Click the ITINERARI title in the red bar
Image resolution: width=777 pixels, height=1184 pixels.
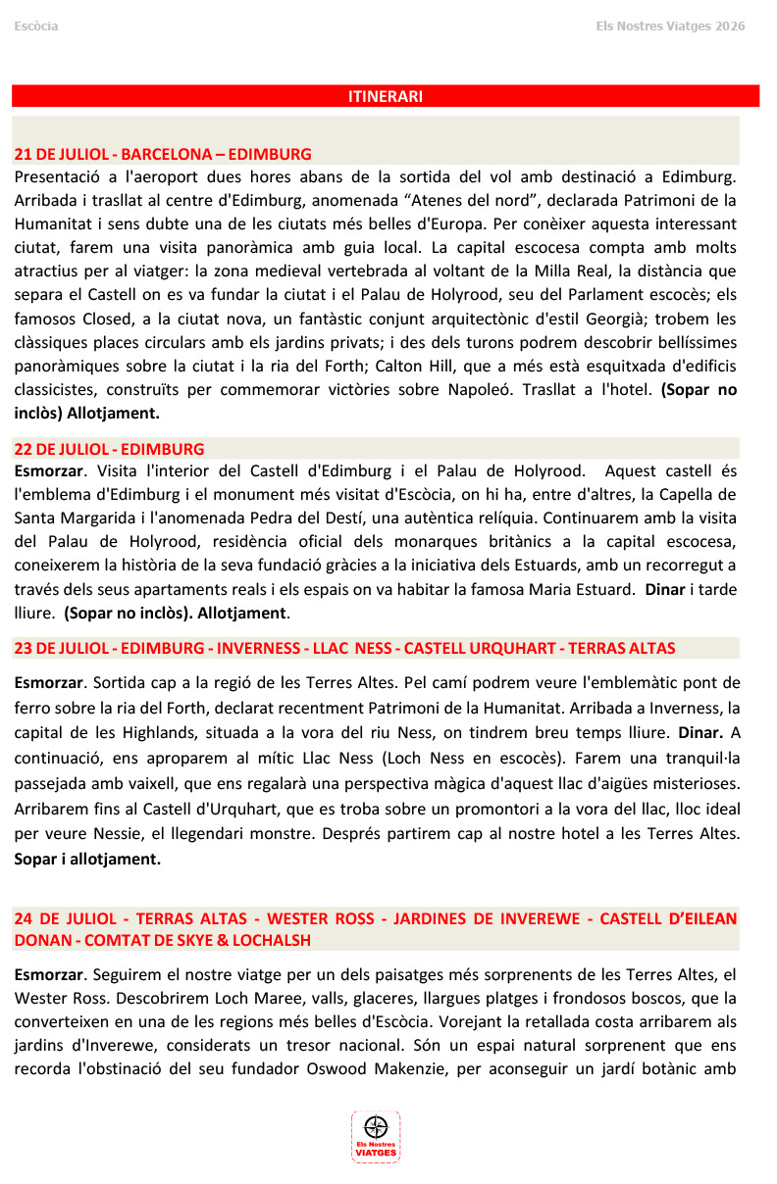point(386,96)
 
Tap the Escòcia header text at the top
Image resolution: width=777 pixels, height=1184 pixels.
point(36,25)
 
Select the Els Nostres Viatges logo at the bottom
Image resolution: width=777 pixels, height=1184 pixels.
point(376,1137)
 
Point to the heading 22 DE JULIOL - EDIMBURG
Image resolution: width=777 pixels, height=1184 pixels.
point(109,449)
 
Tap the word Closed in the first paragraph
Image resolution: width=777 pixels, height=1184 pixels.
point(111,319)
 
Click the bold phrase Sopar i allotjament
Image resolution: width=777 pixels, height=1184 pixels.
point(87,859)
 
